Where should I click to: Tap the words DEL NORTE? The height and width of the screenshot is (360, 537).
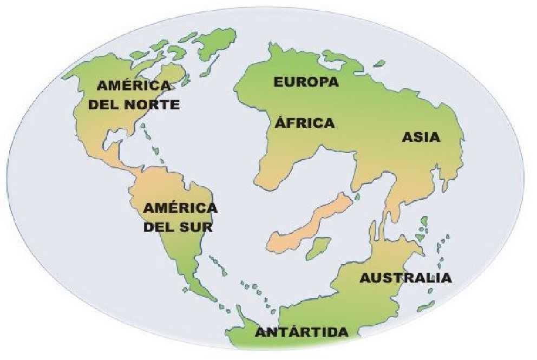pyautogui.click(x=134, y=104)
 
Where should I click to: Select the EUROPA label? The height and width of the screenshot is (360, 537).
pyautogui.click(x=306, y=82)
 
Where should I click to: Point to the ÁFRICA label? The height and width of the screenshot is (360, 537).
pyautogui.click(x=305, y=123)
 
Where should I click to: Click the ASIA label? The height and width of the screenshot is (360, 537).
pyautogui.click(x=421, y=138)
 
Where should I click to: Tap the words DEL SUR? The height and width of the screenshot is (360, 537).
pyautogui.click(x=178, y=227)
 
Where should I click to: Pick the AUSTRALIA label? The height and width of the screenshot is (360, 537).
pyautogui.click(x=405, y=278)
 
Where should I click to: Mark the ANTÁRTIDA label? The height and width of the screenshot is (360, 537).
pyautogui.click(x=302, y=332)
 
